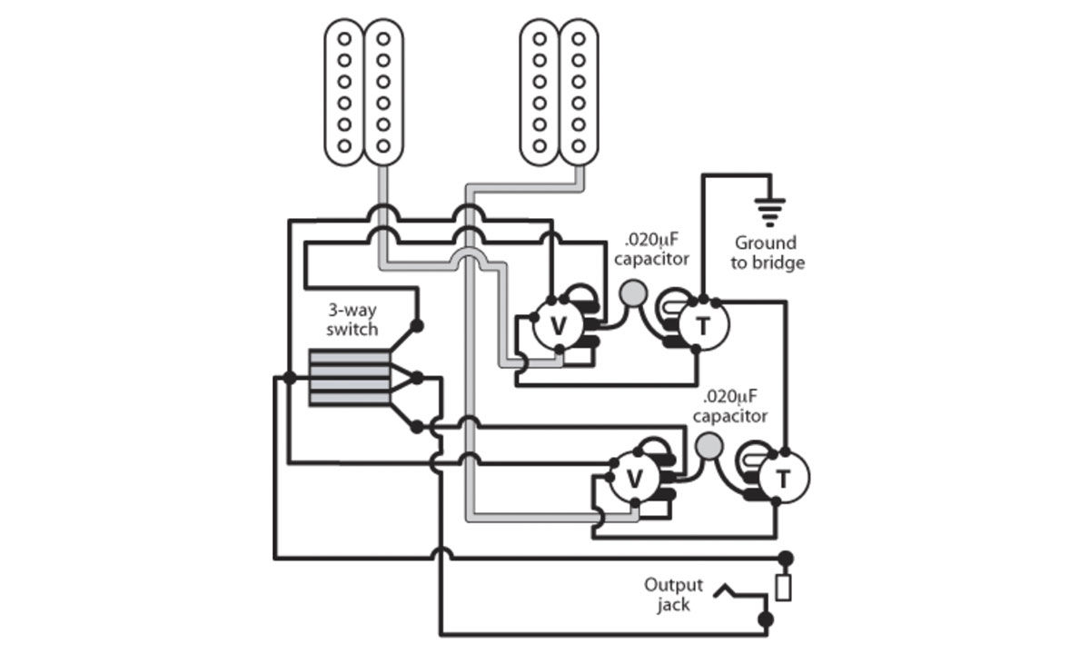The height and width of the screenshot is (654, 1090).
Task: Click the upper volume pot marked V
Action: point(558,327)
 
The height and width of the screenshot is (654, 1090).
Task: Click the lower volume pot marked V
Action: point(635,478)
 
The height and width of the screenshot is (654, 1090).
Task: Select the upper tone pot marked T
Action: point(705,326)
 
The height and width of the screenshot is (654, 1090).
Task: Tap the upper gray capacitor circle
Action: point(633,292)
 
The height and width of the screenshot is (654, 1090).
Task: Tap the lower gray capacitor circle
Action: point(709,444)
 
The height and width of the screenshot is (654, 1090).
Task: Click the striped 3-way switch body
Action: point(349,378)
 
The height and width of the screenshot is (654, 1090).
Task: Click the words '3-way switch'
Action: point(352,321)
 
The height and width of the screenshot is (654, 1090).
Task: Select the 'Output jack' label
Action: point(674,595)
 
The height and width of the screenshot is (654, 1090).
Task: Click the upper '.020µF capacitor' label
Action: point(650,250)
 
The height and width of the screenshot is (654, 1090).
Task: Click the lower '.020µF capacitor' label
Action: point(729,407)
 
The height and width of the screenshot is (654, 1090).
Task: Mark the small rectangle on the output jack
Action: point(784,588)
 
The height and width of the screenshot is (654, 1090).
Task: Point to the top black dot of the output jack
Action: point(784,558)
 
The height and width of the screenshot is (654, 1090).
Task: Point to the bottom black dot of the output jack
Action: point(766,619)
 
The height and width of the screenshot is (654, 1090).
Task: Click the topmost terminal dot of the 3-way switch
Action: point(417,325)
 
